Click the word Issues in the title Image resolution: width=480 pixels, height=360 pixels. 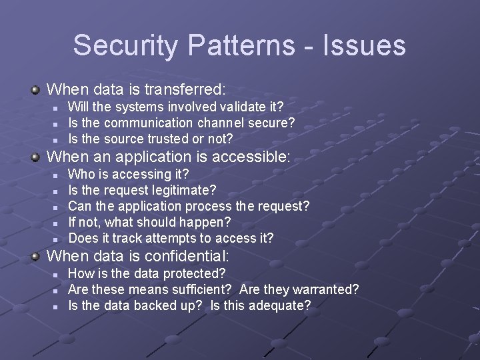pos(367,45)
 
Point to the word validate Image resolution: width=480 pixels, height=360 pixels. pos(240,107)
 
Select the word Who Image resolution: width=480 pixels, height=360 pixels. pos(81,174)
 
